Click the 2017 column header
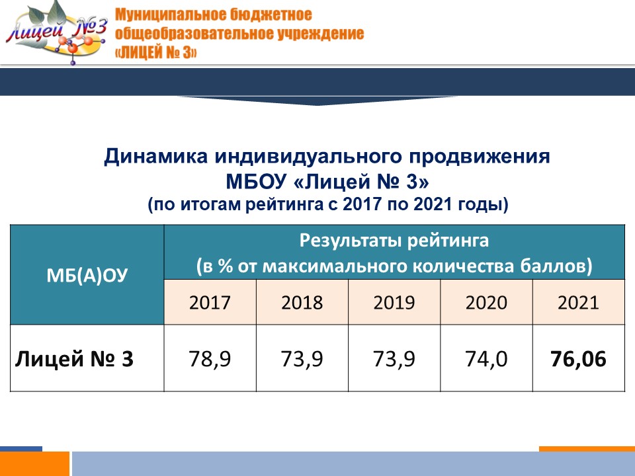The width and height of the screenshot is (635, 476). click(210, 302)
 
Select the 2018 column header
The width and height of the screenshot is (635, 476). click(302, 302)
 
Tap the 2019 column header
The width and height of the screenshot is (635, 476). click(394, 302)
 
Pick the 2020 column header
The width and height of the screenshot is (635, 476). click(486, 302)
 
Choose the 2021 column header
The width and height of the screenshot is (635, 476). click(578, 302)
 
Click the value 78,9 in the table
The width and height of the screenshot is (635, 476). click(210, 358)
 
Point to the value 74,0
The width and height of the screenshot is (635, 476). click(486, 358)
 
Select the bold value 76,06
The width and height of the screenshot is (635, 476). click(578, 358)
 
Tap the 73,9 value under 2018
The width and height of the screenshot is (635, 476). click(302, 358)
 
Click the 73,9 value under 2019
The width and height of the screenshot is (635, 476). click(394, 358)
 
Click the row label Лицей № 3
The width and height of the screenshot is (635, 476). click(74, 358)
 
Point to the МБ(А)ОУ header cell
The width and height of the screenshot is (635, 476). click(87, 275)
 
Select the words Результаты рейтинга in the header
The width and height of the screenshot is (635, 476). click(394, 241)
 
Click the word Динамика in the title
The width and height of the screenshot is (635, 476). click(156, 156)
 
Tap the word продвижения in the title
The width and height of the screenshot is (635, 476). click(480, 157)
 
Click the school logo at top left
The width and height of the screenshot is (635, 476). click(57, 33)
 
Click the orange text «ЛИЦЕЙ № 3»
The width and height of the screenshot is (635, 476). click(156, 53)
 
